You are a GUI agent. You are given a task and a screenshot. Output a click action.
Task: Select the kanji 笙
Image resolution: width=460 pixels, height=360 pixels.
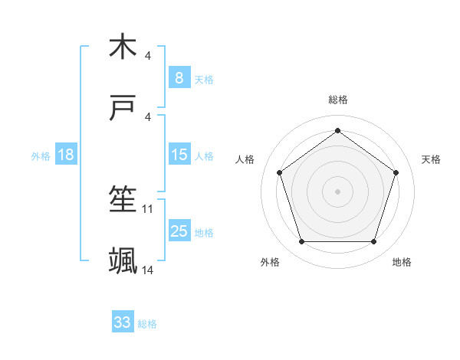click(x=123, y=200)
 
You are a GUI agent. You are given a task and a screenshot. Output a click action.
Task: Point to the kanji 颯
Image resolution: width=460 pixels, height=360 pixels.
click(x=123, y=261)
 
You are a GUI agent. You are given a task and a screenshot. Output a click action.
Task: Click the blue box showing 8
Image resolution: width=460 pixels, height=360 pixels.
click(x=179, y=77)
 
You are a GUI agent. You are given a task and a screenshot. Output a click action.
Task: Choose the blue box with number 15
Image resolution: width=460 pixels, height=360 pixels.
click(x=179, y=155)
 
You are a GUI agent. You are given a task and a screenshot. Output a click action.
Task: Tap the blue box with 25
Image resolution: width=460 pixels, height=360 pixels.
click(x=179, y=231)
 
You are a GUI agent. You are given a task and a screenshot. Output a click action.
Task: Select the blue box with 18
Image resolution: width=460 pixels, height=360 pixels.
click(x=66, y=155)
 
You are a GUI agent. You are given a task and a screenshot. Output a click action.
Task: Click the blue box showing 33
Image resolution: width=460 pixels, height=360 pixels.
click(x=123, y=322)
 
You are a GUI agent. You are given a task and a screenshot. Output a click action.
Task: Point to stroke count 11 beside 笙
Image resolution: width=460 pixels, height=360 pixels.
click(x=148, y=208)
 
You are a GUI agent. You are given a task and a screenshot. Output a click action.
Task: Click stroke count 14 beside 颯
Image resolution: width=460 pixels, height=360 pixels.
click(x=148, y=270)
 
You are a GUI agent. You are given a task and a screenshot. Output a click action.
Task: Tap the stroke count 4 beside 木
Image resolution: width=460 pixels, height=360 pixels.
click(x=148, y=55)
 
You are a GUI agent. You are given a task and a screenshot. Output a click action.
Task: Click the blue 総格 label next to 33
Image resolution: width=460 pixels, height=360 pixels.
click(x=147, y=324)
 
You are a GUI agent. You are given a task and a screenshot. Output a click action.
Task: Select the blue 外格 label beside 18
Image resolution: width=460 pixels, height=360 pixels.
click(x=41, y=155)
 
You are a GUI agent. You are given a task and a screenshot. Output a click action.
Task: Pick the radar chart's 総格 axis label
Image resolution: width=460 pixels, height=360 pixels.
click(x=338, y=100)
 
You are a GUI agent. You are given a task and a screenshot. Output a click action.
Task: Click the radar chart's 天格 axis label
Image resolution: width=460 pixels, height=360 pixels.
click(x=432, y=159)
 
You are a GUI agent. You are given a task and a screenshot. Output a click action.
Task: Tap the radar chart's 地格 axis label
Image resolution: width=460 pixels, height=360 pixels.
click(x=402, y=262)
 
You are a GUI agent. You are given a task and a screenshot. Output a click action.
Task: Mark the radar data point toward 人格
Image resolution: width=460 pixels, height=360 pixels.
click(x=280, y=172)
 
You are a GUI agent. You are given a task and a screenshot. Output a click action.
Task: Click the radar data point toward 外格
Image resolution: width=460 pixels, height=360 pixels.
click(x=301, y=242)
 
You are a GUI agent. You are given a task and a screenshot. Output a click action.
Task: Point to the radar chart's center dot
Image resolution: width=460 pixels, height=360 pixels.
click(x=338, y=191)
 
